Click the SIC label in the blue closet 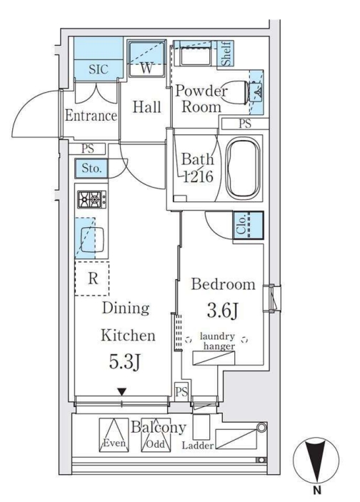pos(99,69)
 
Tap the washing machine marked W pos(147,59)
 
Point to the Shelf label pos(226,54)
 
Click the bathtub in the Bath pos(243,168)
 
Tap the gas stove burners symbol pos(92,199)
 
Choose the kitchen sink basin pos(92,239)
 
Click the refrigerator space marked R pos(92,278)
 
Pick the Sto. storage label pos(91,168)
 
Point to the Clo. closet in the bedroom pos(249,225)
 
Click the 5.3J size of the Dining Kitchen pos(125,362)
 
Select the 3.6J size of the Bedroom pos(223,310)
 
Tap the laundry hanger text pos(218,341)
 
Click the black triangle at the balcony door pos(122,391)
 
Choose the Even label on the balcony pos(114,443)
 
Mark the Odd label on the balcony pos(155,444)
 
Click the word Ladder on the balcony pos(198,446)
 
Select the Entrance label pos(91,115)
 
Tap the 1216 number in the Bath pos(198,176)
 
